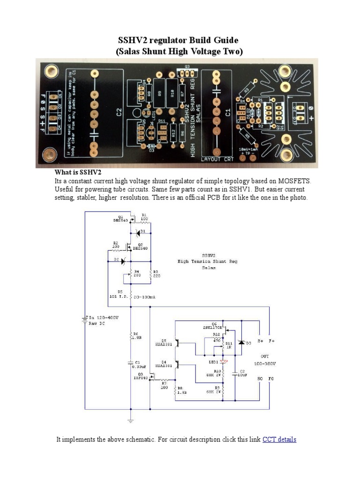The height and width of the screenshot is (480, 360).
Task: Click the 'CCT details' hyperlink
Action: click(279, 440)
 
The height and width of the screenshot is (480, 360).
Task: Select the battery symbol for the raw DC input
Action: click(85, 320)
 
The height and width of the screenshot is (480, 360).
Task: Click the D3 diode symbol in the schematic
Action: click(241, 343)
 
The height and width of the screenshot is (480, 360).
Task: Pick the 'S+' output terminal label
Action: click(260, 341)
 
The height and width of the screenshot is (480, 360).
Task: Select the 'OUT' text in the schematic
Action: click(265, 357)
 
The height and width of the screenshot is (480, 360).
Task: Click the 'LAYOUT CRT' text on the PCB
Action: click(217, 159)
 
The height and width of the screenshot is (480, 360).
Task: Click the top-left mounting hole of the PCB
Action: click(48, 69)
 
